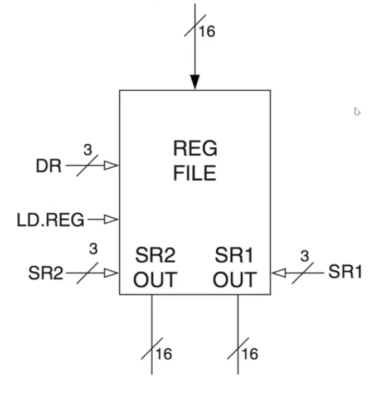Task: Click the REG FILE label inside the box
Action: [x=194, y=161]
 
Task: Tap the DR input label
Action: [x=48, y=166]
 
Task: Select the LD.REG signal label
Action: [x=51, y=221]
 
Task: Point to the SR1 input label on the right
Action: [x=345, y=272]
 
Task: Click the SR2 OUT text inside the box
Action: [x=155, y=268]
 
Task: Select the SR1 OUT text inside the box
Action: [x=235, y=268]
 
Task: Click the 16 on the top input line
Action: [x=206, y=31]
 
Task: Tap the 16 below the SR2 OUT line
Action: [x=164, y=354]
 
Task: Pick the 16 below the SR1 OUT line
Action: [x=250, y=354]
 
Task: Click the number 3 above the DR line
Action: [x=87, y=150]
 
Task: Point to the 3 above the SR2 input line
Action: [x=93, y=249]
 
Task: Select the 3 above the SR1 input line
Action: [x=304, y=256]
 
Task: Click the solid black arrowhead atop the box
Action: [x=194, y=82]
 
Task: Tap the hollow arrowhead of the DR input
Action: [x=112, y=165]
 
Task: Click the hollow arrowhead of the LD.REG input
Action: [x=112, y=219]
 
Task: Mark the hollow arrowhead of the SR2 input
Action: [x=112, y=273]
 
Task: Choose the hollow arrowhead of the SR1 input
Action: [x=278, y=273]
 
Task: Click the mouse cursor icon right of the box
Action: [x=357, y=112]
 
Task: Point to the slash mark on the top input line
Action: [x=194, y=27]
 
